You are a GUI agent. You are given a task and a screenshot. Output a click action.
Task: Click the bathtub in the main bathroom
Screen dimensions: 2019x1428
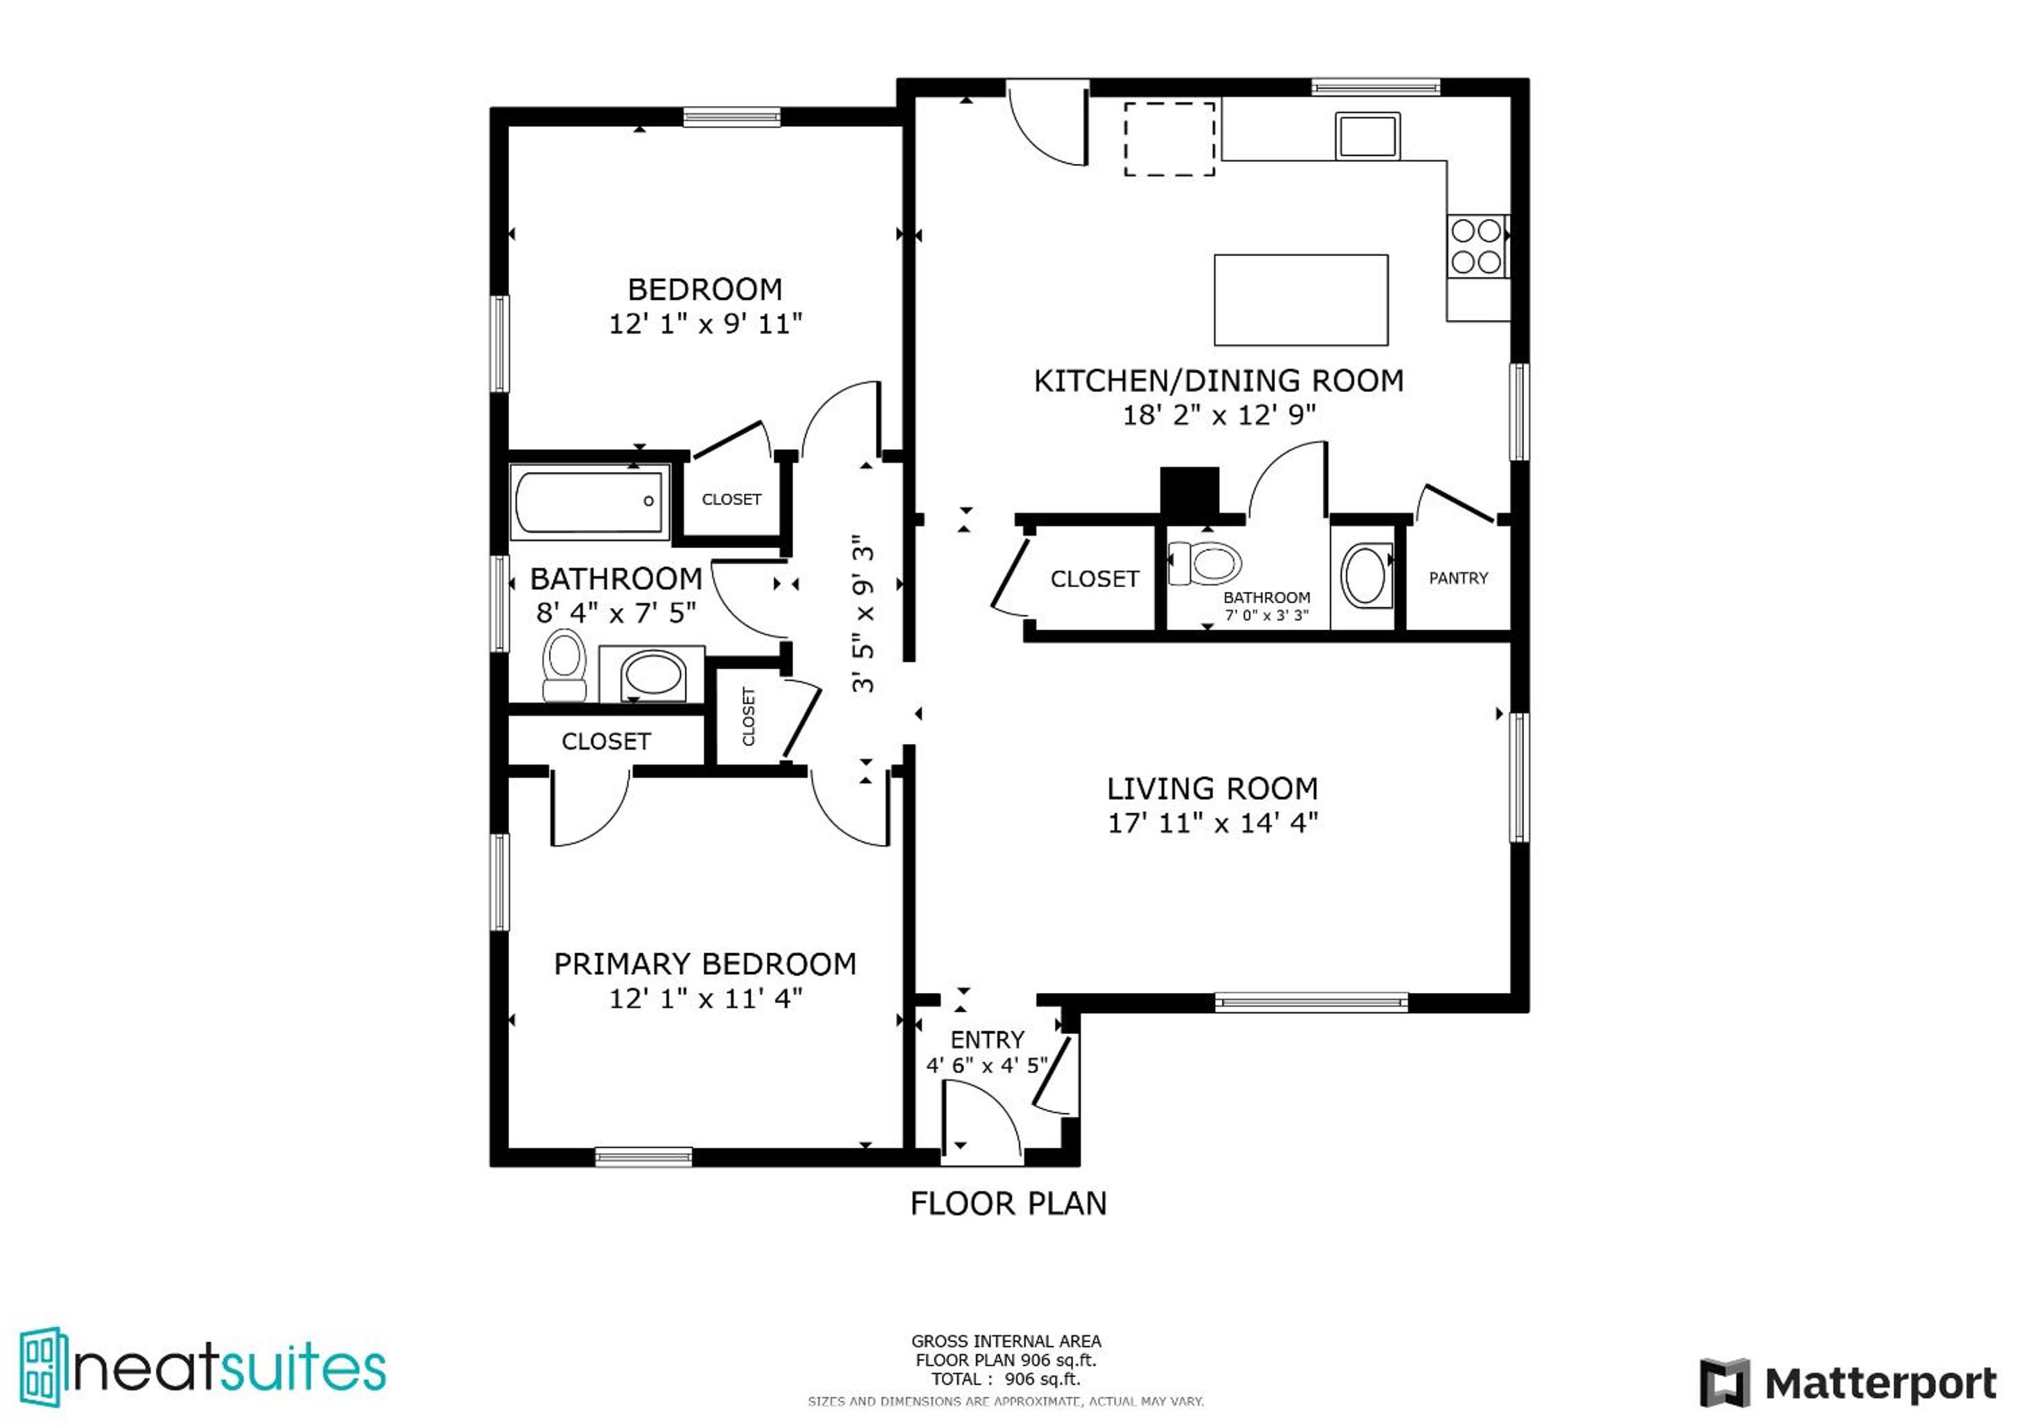point(590,502)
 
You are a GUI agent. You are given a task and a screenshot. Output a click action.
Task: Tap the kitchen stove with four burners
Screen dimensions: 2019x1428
point(1477,246)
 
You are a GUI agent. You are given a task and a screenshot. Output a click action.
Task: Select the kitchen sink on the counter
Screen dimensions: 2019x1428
point(1368,136)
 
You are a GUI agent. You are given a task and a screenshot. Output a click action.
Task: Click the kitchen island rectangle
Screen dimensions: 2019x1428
point(1301,300)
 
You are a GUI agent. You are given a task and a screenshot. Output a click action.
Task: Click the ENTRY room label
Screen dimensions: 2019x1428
point(987,1040)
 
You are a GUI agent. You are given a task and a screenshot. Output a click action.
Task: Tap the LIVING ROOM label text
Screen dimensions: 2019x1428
point(1212,789)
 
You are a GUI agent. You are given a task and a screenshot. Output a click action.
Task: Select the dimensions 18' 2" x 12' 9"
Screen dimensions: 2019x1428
point(1219,414)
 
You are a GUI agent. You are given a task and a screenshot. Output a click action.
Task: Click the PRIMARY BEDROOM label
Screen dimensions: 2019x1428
point(705,964)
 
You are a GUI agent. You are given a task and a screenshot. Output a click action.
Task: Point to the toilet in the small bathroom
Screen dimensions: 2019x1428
point(1204,563)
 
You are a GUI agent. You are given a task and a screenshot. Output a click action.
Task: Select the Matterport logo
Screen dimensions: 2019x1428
point(1847,1385)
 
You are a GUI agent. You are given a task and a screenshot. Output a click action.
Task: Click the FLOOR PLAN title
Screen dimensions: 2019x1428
point(1008,1203)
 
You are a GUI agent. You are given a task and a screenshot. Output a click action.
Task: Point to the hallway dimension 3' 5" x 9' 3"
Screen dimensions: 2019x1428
point(864,614)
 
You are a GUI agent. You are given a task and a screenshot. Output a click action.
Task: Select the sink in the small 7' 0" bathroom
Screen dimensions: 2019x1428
point(1366,576)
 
